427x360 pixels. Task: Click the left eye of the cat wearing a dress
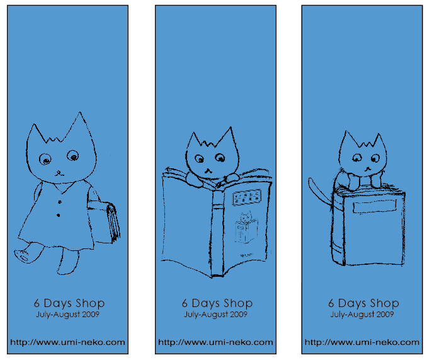coord(45,159)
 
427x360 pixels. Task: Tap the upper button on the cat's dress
coord(60,202)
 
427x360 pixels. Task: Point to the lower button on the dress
coord(58,215)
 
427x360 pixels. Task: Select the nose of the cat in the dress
coord(59,173)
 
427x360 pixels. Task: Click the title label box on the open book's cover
coord(247,197)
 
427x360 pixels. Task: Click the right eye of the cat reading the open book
coord(220,158)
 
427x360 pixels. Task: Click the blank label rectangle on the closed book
coord(375,206)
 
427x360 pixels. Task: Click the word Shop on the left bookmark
coord(90,303)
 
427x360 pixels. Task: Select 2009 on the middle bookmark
coord(239,315)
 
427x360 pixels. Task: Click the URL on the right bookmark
coord(362,342)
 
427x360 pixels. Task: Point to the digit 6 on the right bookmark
coord(331,303)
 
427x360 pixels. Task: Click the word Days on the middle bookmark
coord(205,303)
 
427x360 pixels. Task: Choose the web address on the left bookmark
coord(67,342)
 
